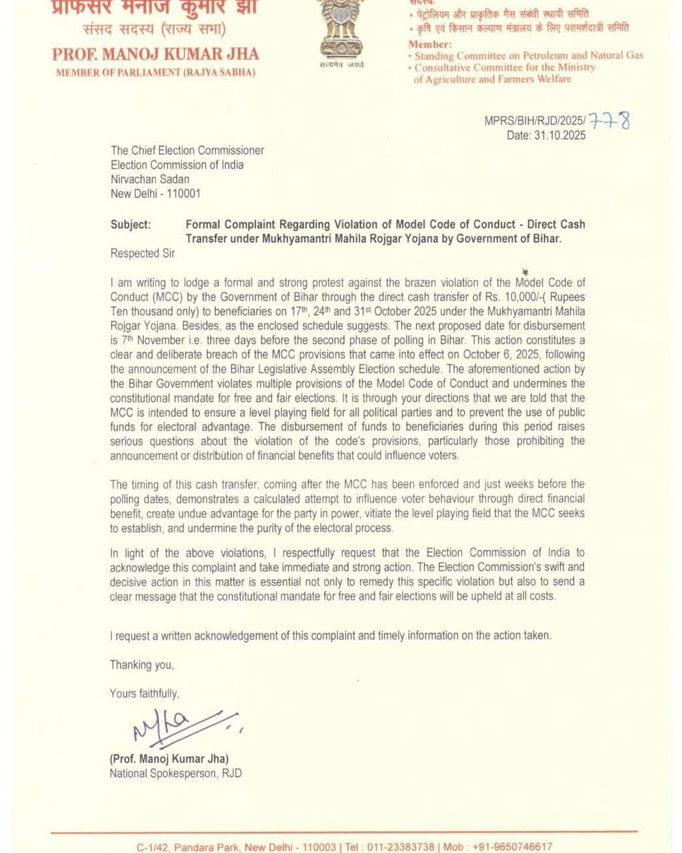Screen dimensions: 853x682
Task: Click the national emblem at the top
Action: click(x=341, y=29)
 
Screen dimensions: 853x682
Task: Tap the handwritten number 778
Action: click(x=610, y=121)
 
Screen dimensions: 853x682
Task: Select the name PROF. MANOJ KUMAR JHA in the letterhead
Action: click(x=155, y=54)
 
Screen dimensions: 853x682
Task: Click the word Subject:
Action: click(x=130, y=224)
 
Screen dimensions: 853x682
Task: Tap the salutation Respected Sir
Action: click(x=143, y=253)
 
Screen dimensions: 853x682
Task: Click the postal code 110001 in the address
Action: click(x=183, y=194)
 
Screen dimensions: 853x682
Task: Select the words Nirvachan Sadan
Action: click(x=150, y=179)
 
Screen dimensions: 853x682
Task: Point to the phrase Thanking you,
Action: click(x=141, y=665)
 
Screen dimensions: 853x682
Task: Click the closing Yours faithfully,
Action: click(x=144, y=693)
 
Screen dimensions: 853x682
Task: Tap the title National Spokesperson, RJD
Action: click(x=175, y=773)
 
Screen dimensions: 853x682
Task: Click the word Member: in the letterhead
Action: click(x=430, y=44)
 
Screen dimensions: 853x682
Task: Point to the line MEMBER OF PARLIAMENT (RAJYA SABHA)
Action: click(x=155, y=73)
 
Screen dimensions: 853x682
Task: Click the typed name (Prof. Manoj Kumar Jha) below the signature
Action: click(x=169, y=759)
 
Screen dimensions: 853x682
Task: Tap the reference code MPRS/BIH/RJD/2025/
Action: click(x=535, y=121)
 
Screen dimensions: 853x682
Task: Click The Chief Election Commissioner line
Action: click(x=187, y=151)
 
